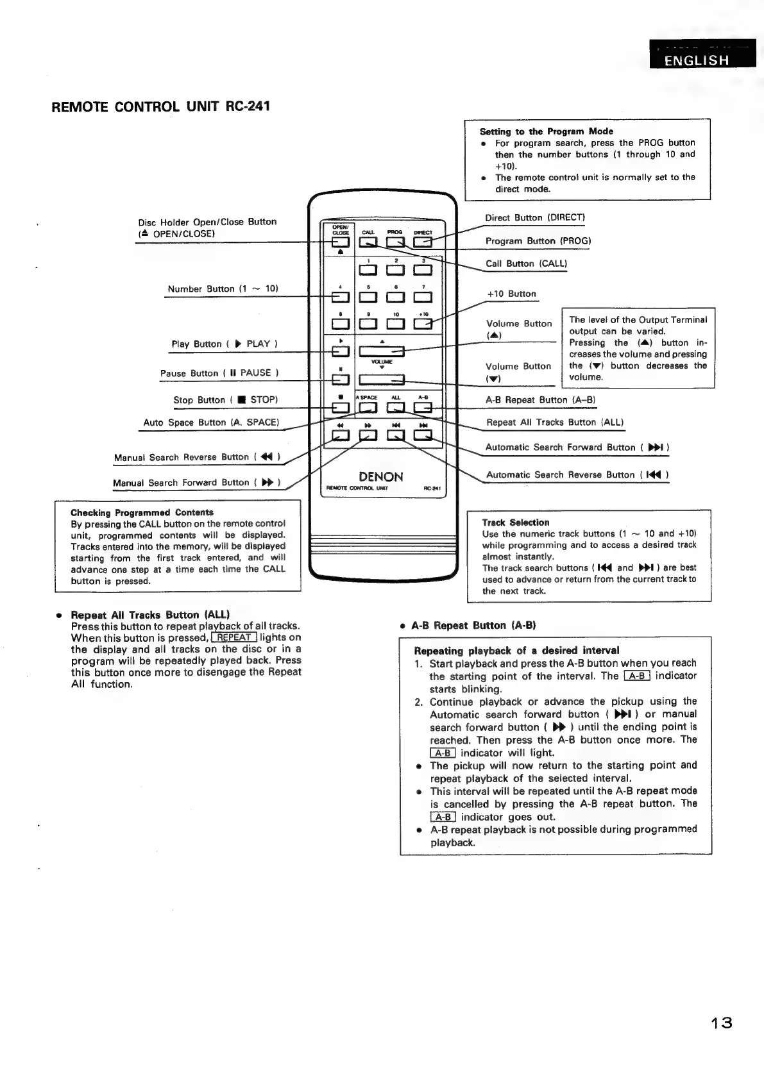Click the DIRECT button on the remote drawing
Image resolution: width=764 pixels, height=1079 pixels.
click(x=422, y=242)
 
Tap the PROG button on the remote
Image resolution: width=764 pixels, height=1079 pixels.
click(x=395, y=242)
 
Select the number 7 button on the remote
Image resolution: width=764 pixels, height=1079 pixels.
click(x=422, y=297)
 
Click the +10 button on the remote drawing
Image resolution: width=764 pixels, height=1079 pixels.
click(x=422, y=324)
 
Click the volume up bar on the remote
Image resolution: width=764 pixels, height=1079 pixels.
click(x=381, y=351)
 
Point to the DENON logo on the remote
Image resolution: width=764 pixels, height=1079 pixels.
click(x=381, y=476)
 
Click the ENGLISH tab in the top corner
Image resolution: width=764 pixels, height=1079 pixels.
click(x=697, y=60)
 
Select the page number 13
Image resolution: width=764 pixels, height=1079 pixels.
click(x=721, y=1022)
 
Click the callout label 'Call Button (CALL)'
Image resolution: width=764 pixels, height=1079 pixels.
click(x=526, y=263)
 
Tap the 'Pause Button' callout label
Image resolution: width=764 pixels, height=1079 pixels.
click(x=219, y=373)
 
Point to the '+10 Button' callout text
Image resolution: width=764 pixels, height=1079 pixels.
click(x=511, y=294)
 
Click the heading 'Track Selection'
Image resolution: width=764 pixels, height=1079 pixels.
click(x=516, y=523)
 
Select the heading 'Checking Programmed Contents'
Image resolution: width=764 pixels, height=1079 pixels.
click(x=142, y=512)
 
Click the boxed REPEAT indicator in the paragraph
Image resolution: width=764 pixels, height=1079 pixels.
click(x=234, y=637)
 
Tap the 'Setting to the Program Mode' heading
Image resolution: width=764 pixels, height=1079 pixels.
click(x=546, y=131)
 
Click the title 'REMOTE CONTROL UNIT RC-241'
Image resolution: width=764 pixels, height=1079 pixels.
click(x=160, y=106)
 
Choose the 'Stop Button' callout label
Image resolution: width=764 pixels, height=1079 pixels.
click(x=225, y=400)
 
